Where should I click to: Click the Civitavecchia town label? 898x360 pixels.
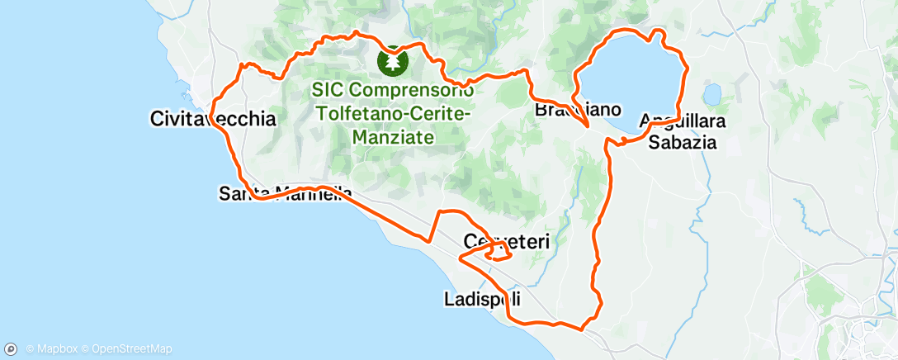(213, 119)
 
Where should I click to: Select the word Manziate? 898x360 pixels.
(394, 138)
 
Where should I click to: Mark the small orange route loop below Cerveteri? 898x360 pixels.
(499, 254)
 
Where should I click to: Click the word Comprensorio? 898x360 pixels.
(414, 88)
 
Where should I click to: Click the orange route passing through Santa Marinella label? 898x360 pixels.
(264, 197)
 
